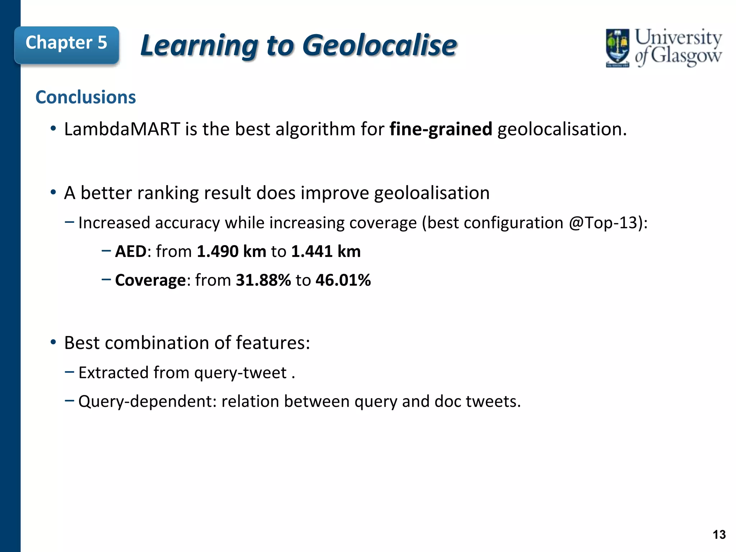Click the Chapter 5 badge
[66, 43]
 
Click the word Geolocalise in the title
[379, 46]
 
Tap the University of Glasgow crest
[617, 48]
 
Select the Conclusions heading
[86, 97]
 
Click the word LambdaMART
[122, 129]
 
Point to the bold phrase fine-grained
[441, 129]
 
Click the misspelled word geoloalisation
[432, 193]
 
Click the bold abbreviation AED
[130, 251]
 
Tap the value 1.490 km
[231, 251]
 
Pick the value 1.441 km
[326, 251]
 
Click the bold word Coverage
[150, 280]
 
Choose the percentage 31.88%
[263, 280]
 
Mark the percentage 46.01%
[343, 280]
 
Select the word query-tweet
[240, 373]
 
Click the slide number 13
[719, 535]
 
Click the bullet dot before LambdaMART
[53, 129]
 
